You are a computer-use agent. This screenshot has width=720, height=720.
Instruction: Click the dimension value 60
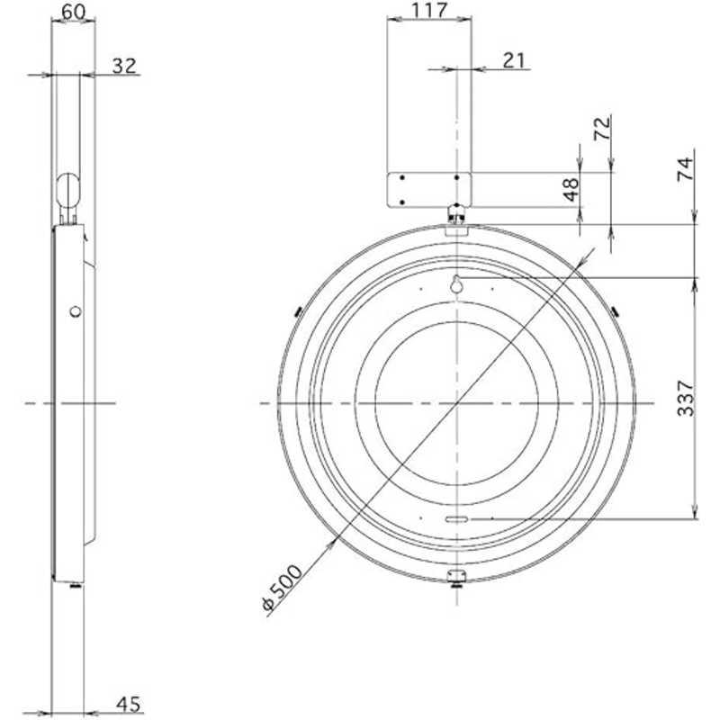[73, 13]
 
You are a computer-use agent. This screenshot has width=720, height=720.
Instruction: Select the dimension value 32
[124, 66]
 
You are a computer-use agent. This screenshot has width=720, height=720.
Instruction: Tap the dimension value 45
[129, 705]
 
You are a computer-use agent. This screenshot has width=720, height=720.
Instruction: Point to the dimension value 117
[429, 11]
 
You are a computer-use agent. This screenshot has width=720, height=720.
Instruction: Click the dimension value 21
[514, 60]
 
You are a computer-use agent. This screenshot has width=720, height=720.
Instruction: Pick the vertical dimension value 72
[602, 128]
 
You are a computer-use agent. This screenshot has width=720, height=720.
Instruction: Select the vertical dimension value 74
[685, 169]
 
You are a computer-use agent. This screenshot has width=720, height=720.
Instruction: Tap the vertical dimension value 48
[571, 189]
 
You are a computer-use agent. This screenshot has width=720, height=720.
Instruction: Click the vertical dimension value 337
[686, 398]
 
